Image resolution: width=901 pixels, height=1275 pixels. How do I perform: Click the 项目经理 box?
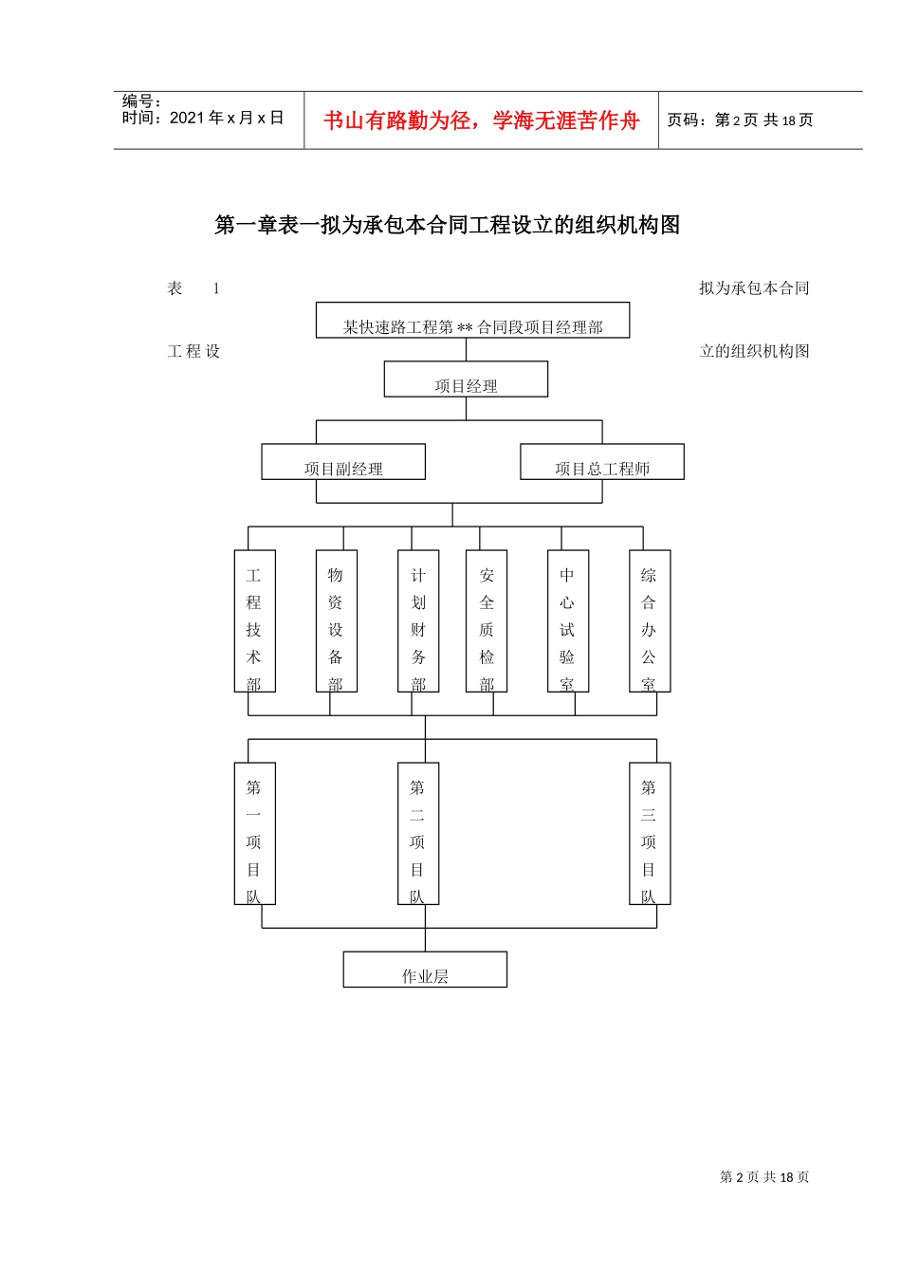(x=466, y=379)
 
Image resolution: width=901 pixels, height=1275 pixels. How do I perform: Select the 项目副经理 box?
(x=343, y=462)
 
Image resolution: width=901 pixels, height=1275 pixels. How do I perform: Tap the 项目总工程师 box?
(x=602, y=462)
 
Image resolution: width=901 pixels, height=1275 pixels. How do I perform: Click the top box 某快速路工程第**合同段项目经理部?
(x=472, y=321)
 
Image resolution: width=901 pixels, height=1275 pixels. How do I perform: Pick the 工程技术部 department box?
(x=254, y=621)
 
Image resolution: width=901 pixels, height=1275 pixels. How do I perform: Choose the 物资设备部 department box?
(x=336, y=621)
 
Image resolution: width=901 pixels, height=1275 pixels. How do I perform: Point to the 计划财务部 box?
(x=418, y=621)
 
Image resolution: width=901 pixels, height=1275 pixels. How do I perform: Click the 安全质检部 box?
(x=487, y=621)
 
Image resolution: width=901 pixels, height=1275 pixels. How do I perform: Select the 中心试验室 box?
(x=567, y=621)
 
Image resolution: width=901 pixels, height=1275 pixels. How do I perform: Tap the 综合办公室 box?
(x=649, y=621)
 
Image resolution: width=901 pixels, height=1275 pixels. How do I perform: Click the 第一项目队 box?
(x=254, y=834)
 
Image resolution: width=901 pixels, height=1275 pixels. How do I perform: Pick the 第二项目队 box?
(x=417, y=834)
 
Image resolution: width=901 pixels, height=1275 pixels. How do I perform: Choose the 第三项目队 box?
(x=649, y=834)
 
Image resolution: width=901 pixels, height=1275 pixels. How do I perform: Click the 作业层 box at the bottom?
(x=425, y=970)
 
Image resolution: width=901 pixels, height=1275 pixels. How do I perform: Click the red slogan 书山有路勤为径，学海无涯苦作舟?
(x=482, y=120)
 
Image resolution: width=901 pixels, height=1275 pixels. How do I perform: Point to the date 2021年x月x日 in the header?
(x=227, y=118)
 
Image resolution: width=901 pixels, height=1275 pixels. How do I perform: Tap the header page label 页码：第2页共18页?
(x=741, y=120)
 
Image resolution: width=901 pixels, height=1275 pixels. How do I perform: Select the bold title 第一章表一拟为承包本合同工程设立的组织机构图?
(x=448, y=225)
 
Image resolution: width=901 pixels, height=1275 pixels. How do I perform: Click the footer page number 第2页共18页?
(x=764, y=1177)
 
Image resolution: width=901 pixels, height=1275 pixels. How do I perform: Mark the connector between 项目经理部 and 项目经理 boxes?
(x=466, y=350)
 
